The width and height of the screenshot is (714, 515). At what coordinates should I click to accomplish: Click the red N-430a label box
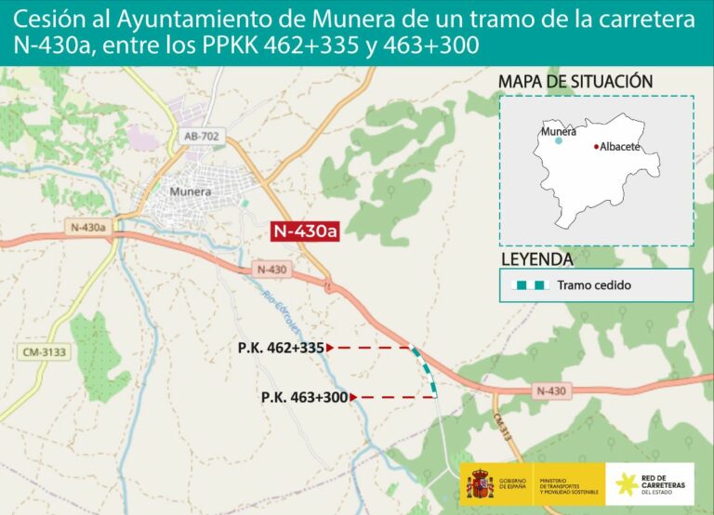(x=304, y=231)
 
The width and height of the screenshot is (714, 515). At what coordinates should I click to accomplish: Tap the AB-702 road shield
(x=202, y=137)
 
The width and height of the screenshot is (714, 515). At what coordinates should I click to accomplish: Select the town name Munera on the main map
(x=191, y=191)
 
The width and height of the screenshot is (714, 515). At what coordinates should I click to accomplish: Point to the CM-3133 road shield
(x=39, y=351)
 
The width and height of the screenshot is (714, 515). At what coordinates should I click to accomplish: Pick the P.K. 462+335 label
(x=280, y=348)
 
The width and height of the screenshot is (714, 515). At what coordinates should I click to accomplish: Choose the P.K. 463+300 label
(x=304, y=397)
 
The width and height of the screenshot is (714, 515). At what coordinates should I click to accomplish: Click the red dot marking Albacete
(x=596, y=147)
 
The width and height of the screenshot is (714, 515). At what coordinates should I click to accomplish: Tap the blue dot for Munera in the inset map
(x=559, y=141)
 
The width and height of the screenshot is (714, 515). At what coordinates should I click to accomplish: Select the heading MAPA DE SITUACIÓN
(x=575, y=82)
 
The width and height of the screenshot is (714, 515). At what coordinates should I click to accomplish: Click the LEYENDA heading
(x=536, y=258)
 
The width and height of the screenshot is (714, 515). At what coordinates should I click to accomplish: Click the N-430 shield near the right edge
(x=550, y=391)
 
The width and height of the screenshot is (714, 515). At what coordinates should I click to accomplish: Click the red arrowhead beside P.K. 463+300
(x=354, y=397)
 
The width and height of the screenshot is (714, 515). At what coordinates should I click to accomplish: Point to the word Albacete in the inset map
(x=620, y=147)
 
